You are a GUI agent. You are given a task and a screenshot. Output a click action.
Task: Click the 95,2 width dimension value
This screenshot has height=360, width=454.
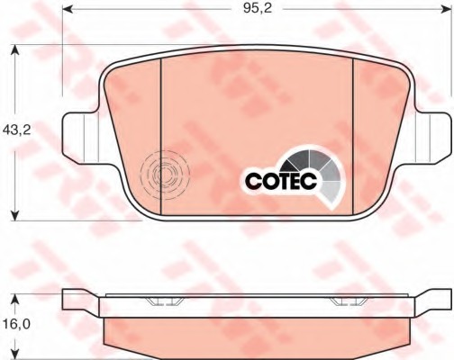coord(258,8)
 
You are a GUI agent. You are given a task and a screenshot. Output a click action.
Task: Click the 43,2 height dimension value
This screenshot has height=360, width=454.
coord(17,130)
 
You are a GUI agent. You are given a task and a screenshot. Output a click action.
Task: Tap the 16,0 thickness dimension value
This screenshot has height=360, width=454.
coord(17,324)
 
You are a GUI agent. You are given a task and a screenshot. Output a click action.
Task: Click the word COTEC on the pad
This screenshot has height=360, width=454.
coord(281,181)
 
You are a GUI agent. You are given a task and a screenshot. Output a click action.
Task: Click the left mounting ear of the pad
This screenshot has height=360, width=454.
coord(80,138)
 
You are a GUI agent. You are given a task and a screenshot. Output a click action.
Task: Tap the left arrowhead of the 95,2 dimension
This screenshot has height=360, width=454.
coord(68,9)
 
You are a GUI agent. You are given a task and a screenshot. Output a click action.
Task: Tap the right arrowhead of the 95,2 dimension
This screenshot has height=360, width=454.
coord(446,9)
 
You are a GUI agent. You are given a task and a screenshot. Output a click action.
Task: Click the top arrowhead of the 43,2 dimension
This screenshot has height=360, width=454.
coord(15,50)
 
